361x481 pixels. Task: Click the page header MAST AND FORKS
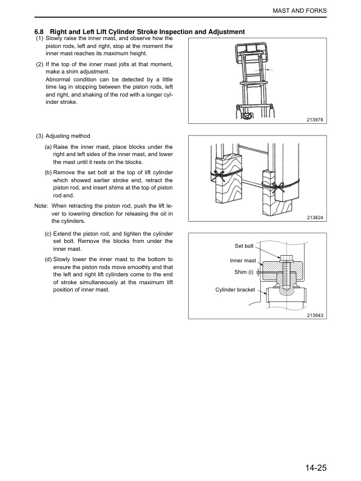point(299,11)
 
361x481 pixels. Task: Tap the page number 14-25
point(315,468)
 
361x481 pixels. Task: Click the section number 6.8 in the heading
point(39,32)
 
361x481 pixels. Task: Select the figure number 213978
point(315,120)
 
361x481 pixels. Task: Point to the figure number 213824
point(315,217)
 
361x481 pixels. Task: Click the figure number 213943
point(315,315)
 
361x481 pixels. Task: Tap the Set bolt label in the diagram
point(244,246)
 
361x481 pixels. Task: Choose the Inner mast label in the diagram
point(243,261)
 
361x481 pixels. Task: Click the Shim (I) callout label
point(244,272)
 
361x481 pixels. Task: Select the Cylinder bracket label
point(235,290)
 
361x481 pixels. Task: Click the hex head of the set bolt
point(285,258)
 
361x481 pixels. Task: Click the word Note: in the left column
point(41,206)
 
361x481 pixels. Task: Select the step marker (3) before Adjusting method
point(39,136)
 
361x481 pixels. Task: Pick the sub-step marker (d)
point(48,259)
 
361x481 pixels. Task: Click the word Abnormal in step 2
point(58,79)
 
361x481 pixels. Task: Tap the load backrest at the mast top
point(251,51)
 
